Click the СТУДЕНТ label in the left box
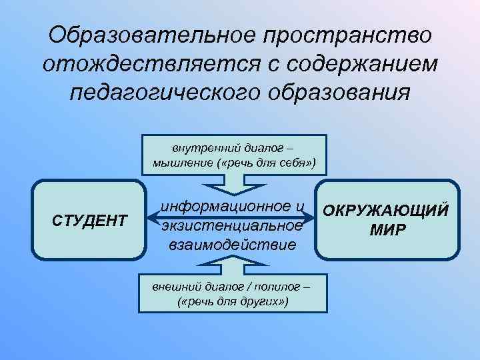(x=89, y=219)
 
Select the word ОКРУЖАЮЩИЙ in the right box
(x=387, y=211)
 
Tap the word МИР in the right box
(x=387, y=230)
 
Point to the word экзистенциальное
(x=233, y=225)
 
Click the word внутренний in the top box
(x=198, y=149)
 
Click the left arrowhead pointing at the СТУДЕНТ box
(x=154, y=217)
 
